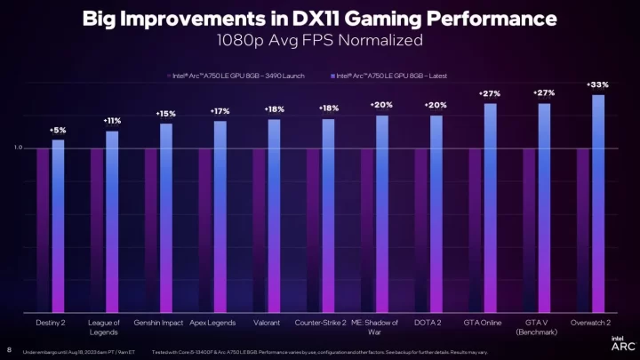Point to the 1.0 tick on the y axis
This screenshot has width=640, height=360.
[x=19, y=148]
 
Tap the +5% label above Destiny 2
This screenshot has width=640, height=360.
[x=58, y=130]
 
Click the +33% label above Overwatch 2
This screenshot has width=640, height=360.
[x=598, y=84]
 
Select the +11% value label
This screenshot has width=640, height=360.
[x=112, y=120]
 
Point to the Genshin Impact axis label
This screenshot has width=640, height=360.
[x=158, y=322]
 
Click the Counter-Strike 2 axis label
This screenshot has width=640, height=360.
[x=320, y=322]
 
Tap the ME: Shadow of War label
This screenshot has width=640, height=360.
[x=374, y=326]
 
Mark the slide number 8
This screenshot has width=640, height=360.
[x=9, y=348]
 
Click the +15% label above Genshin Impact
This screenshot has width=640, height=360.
[x=166, y=114]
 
